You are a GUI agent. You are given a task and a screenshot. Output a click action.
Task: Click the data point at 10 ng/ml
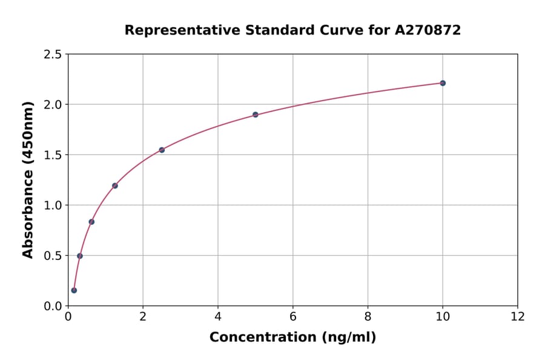point(443,83)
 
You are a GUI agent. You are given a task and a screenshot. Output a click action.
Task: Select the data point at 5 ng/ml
point(256,115)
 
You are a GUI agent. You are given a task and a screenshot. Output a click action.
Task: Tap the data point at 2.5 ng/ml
point(162,150)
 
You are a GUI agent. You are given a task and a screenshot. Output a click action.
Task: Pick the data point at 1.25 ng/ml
point(115,185)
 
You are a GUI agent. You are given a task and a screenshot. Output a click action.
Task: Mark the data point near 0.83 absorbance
point(91,222)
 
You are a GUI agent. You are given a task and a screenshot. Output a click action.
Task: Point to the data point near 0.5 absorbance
point(80,256)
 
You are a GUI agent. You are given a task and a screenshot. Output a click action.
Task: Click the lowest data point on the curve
point(74,290)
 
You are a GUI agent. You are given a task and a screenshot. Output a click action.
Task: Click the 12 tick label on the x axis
point(518,316)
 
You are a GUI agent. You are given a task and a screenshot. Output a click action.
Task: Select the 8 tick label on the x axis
point(368,316)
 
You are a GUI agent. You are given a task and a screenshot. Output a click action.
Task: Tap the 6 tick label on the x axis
point(292,316)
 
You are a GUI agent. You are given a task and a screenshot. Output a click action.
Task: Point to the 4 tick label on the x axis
point(218,316)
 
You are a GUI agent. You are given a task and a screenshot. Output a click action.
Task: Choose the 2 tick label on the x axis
point(143,316)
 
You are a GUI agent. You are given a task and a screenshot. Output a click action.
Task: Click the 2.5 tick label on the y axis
point(53,55)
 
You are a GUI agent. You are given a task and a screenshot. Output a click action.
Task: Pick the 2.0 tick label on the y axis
point(53,105)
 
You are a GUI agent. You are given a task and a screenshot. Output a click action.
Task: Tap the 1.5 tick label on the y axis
point(53,155)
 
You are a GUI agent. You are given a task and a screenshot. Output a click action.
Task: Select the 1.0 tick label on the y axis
point(53,205)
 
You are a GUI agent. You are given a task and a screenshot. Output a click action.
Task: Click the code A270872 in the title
point(428,30)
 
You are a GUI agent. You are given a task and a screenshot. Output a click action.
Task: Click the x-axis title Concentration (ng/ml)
point(292,338)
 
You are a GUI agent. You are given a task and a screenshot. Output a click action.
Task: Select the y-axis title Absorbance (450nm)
point(28,179)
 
